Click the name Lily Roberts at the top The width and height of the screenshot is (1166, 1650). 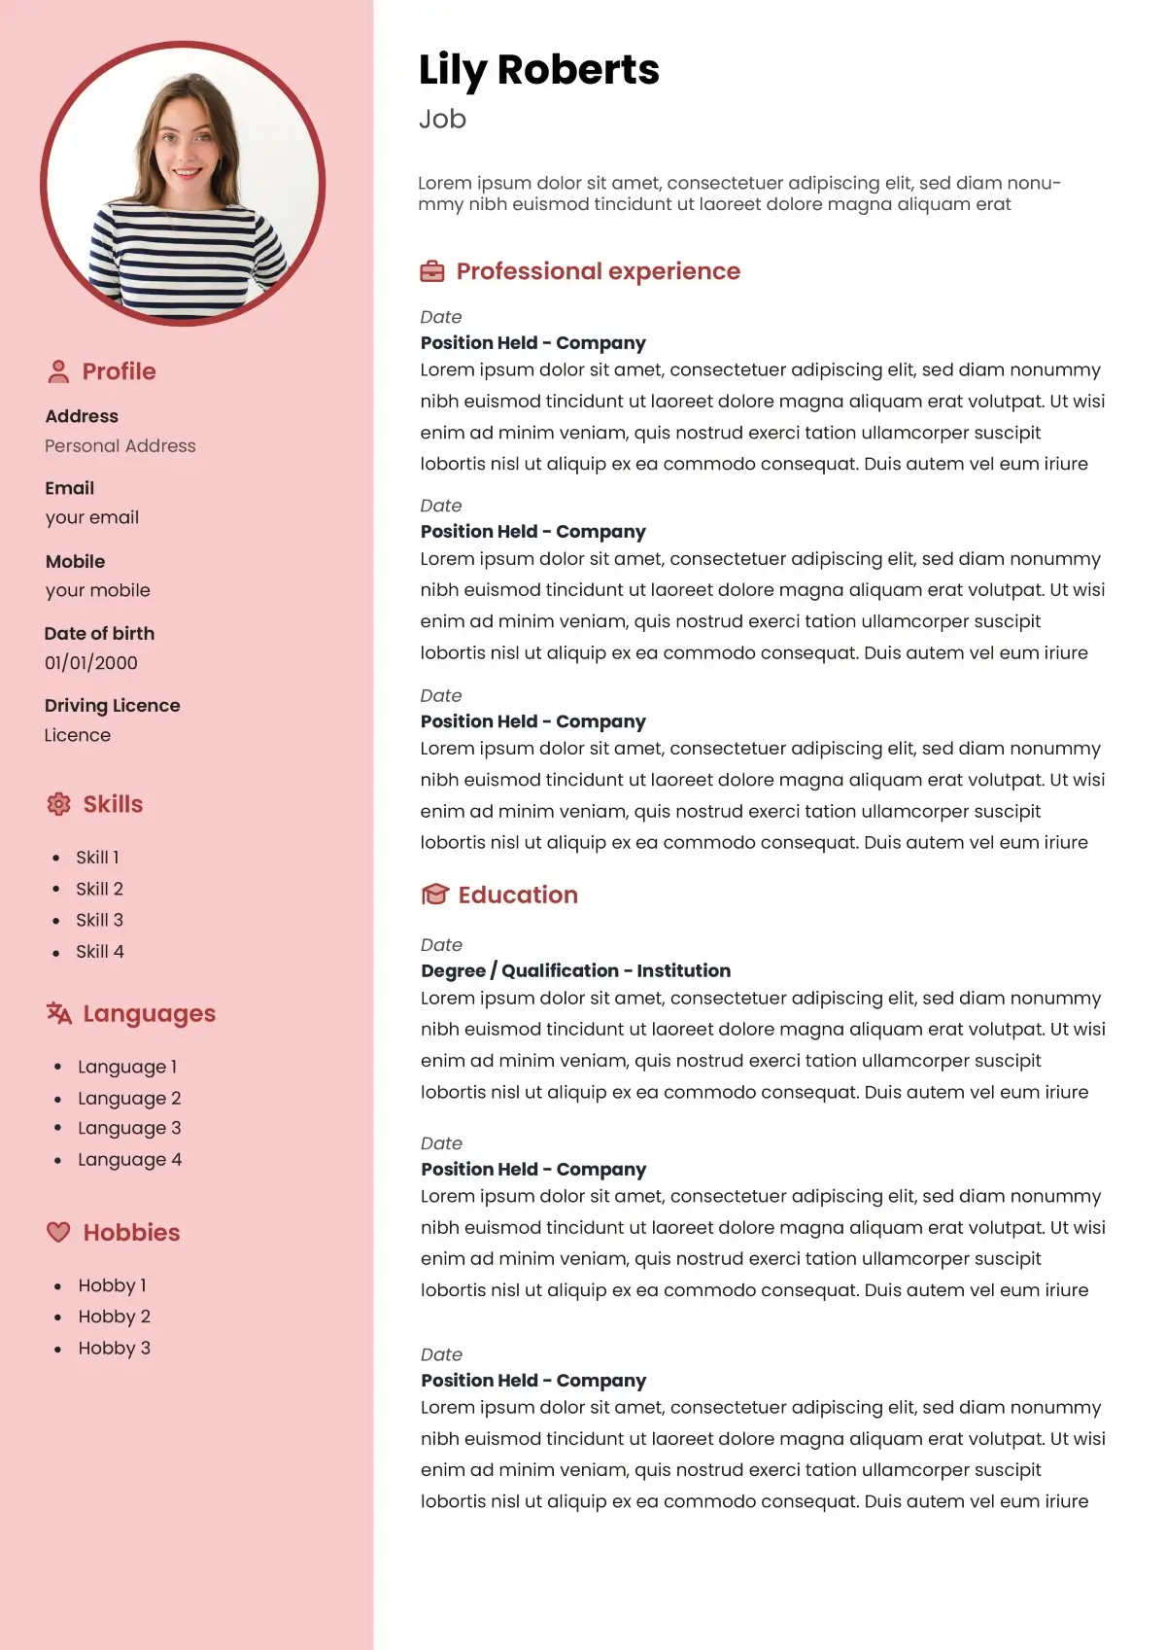pyautogui.click(x=538, y=70)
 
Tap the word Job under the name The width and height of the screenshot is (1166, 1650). pyautogui.click(x=442, y=119)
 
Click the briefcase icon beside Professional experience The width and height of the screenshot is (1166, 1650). pyautogui.click(x=431, y=271)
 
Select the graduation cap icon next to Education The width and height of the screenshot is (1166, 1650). pyautogui.click(x=434, y=895)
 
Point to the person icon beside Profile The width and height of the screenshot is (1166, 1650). pyautogui.click(x=58, y=371)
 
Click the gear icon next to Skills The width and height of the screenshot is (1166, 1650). pyautogui.click(x=58, y=804)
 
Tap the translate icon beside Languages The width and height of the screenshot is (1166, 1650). pyautogui.click(x=58, y=1013)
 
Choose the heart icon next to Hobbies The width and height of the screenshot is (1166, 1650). pyautogui.click(x=58, y=1232)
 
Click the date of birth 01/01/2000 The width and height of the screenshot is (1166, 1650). pyautogui.click(x=91, y=663)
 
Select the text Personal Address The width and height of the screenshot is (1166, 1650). pyautogui.click(x=120, y=446)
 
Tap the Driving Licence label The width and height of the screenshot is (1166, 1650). pyautogui.click(x=113, y=706)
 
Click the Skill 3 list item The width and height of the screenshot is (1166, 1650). pyautogui.click(x=99, y=920)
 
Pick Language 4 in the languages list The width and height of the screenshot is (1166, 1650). pyautogui.click(x=129, y=1159)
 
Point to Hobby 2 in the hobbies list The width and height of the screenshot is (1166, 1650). pyautogui.click(x=114, y=1316)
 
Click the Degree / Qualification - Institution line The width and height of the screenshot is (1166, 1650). pyautogui.click(x=575, y=970)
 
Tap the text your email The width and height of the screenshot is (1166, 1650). pyautogui.click(x=92, y=517)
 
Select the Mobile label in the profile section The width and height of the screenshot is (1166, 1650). pyautogui.click(x=75, y=561)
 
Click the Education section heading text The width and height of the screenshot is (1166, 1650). pyautogui.click(x=518, y=895)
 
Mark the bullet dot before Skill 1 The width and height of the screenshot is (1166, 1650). pyautogui.click(x=56, y=858)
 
